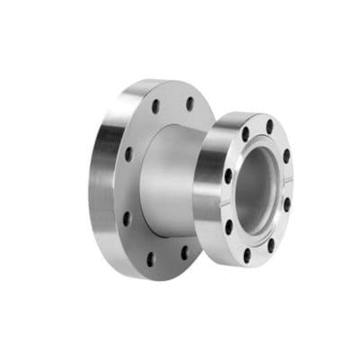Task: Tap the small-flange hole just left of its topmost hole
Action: click(245, 134)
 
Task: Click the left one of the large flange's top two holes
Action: click(157, 106)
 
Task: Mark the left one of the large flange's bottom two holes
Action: click(150, 258)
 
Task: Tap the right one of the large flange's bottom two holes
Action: click(184, 253)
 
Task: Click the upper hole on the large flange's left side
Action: click(129, 154)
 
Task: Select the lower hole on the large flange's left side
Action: click(126, 217)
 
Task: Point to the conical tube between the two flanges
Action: click(171, 180)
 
